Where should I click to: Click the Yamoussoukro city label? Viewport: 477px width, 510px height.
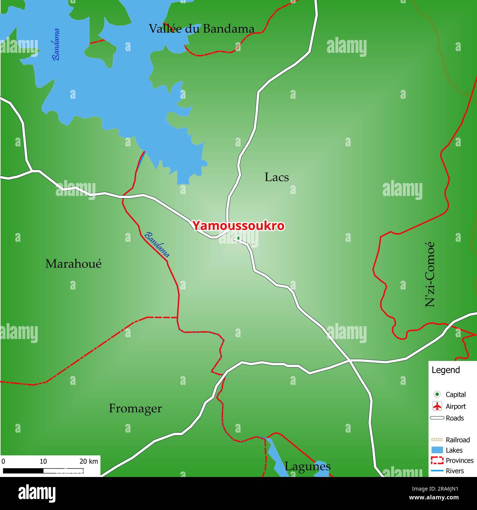[238, 226]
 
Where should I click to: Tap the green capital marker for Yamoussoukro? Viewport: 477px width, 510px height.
[238, 238]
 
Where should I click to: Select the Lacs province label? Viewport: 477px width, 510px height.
[277, 177]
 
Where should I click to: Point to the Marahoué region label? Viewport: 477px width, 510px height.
[73, 263]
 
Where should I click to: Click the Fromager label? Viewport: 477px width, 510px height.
[135, 408]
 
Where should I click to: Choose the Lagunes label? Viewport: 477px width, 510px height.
[307, 466]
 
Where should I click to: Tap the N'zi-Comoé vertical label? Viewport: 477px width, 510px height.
[430, 274]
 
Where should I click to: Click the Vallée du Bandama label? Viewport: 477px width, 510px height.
[201, 29]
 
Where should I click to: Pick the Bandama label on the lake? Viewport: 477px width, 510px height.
[56, 44]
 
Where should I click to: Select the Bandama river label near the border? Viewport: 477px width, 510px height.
[157, 245]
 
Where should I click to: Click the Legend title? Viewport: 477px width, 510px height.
[445, 370]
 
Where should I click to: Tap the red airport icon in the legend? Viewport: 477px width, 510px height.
[437, 406]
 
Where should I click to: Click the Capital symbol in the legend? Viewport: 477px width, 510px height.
[437, 394]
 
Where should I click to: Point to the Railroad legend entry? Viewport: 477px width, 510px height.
[458, 440]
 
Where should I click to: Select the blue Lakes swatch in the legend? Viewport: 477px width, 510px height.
[437, 450]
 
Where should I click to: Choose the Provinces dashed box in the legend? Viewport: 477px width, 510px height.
[437, 460]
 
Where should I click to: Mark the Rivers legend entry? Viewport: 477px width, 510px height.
[455, 471]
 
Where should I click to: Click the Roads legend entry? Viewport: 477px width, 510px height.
[455, 418]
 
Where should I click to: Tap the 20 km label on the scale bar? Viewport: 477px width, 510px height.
[89, 461]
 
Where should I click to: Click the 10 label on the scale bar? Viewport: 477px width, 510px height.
[43, 461]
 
